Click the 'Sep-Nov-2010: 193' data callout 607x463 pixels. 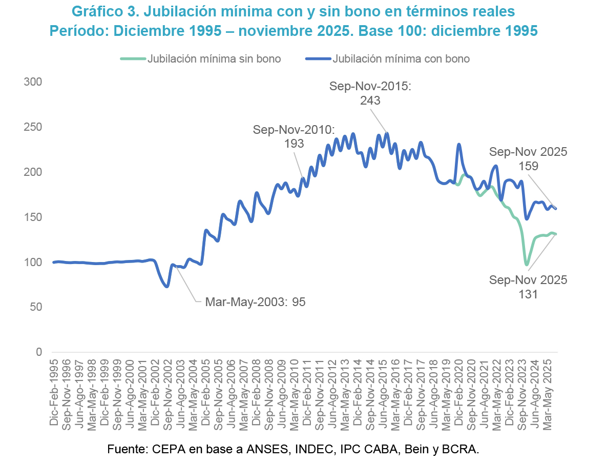294,136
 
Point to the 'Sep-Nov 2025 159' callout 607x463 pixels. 528,158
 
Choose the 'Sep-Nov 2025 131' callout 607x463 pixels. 528,287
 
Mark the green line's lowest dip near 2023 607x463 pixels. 526,265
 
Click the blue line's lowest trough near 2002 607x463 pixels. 166,286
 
